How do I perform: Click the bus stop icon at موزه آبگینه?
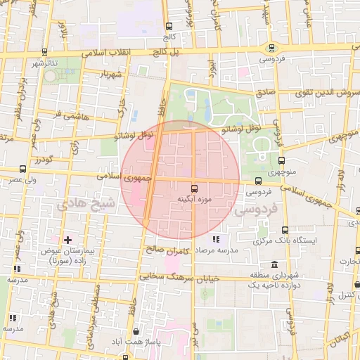tap(194, 188)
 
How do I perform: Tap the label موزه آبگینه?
tap(194, 200)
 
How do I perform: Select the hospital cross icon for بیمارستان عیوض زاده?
tap(67, 240)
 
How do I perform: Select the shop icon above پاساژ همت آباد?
tap(135, 331)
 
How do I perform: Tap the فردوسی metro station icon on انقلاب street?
tap(271, 48)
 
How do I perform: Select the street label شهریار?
tap(111, 74)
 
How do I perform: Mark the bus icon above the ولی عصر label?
tap(22, 169)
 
